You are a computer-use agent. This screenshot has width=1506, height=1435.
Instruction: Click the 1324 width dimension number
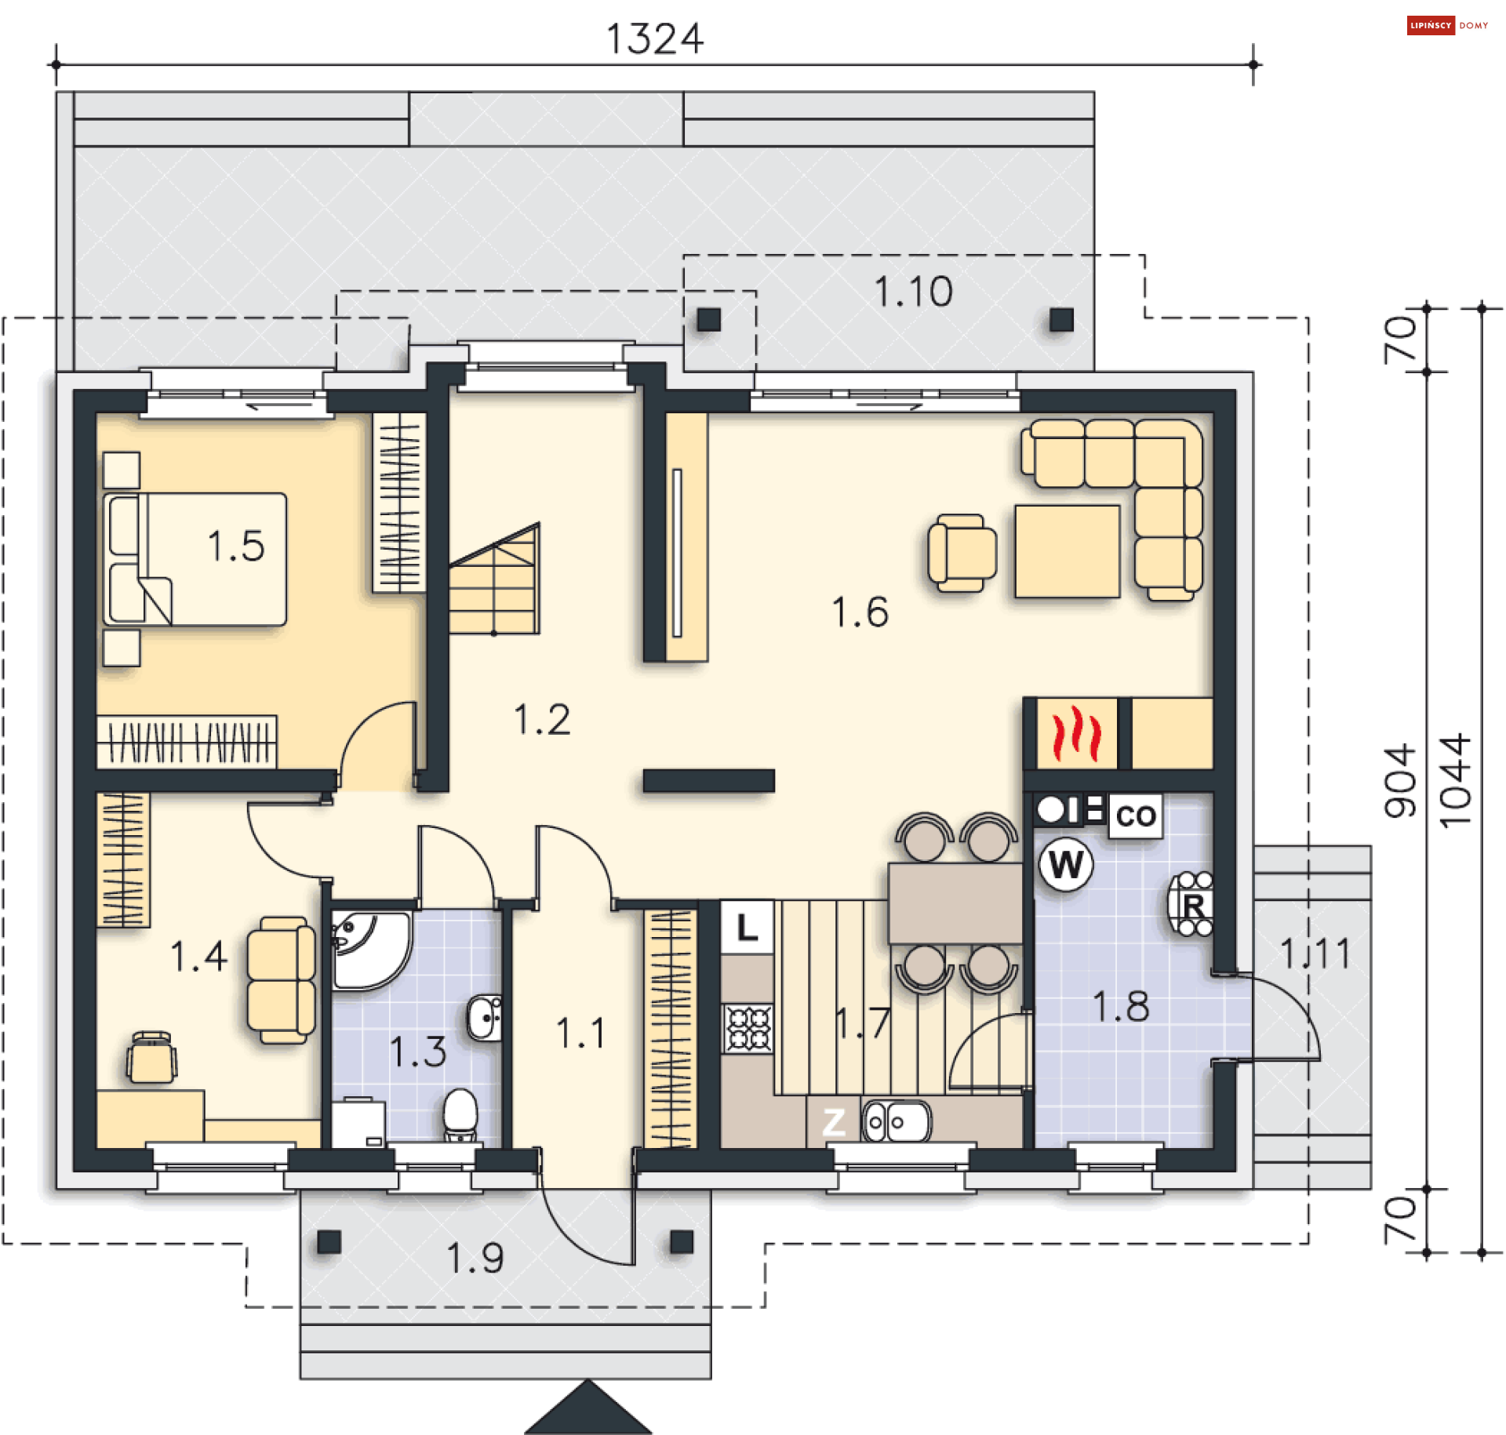point(655,39)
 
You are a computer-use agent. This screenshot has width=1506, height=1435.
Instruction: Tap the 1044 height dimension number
point(1456,780)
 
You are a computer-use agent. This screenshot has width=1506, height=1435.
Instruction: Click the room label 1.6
point(860,612)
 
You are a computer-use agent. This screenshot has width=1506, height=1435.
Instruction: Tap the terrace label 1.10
point(913,292)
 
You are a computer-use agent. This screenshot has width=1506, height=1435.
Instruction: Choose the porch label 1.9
point(475,1258)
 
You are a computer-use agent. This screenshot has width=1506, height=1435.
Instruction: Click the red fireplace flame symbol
point(1075,733)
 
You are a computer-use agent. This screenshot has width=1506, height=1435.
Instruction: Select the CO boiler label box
point(1135,816)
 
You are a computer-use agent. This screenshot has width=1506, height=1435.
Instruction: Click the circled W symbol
point(1065,865)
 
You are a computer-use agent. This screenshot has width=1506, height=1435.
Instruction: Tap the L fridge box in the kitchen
point(747,928)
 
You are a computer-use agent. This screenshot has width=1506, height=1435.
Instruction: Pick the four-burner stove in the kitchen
point(748,1028)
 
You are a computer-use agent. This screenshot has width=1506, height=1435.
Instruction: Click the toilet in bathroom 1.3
point(460,1114)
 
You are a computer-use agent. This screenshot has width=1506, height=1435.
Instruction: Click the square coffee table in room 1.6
point(1067,551)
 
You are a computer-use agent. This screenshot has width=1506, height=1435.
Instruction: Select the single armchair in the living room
point(962,553)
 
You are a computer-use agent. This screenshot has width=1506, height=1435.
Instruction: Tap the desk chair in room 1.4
point(152,1057)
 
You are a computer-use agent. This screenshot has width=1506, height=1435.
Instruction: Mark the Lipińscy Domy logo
point(1447,26)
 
